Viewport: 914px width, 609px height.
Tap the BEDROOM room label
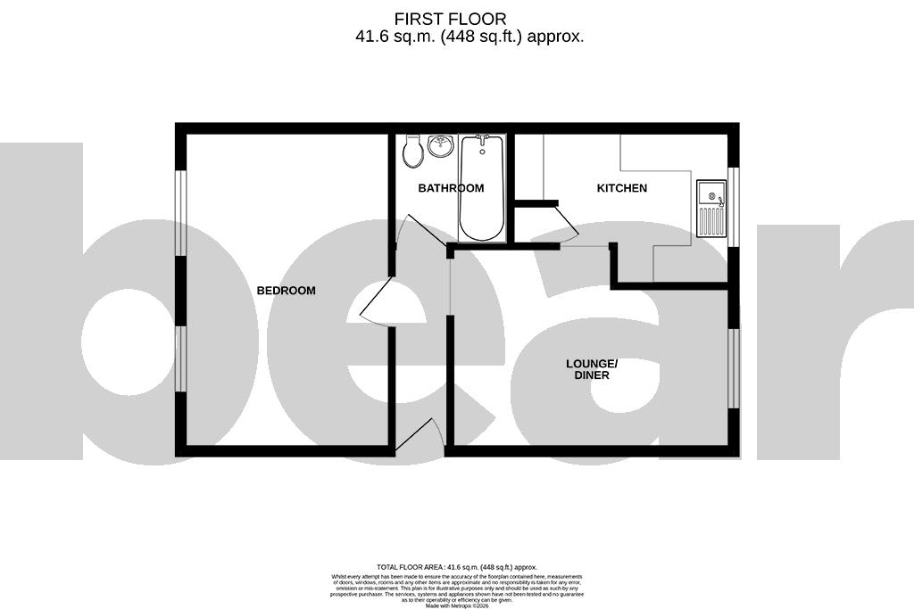click(286, 291)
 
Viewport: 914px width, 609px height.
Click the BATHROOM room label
click(451, 188)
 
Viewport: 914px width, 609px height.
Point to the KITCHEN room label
click(621, 188)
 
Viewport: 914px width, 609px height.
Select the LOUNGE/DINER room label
click(591, 369)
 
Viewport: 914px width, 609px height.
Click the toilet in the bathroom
click(412, 152)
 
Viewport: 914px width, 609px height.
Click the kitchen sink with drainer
click(710, 208)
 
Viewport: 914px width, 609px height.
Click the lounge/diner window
click(734, 368)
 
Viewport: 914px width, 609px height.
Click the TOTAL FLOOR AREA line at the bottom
click(456, 567)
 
